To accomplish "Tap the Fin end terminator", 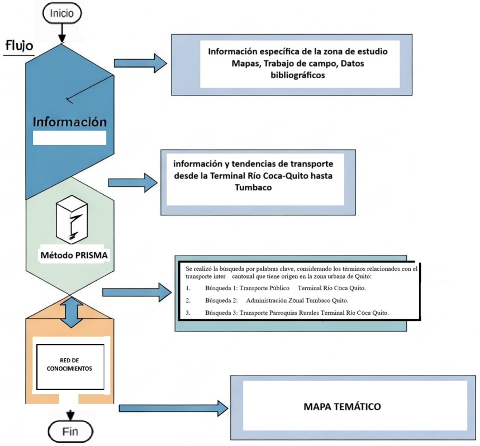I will tap(70, 431).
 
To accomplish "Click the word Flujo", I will tap(19, 45).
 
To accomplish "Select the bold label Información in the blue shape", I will tap(69, 121).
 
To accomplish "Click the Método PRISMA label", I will tap(69, 256).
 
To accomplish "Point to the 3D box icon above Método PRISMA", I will tap(70, 220).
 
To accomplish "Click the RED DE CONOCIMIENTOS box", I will tap(70, 366).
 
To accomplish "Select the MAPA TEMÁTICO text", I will tap(342, 406).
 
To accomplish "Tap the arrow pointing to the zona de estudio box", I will tap(140, 63).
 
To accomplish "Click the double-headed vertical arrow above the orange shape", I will tap(69, 311).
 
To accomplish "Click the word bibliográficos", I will tap(297, 76).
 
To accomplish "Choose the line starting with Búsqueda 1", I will tap(276, 288).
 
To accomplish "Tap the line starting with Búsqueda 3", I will tap(287, 313).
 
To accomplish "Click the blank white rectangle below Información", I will tap(69, 138).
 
